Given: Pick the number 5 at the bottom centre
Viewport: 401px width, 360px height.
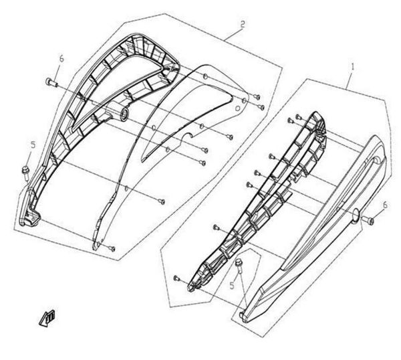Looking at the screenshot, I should tap(231, 285).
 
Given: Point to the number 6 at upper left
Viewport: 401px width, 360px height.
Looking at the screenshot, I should tap(60, 59).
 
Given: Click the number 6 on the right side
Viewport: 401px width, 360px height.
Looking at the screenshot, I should tap(384, 204).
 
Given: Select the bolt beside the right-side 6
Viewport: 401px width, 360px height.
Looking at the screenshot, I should tap(372, 219).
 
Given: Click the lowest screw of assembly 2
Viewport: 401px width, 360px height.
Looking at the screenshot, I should tap(112, 248).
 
